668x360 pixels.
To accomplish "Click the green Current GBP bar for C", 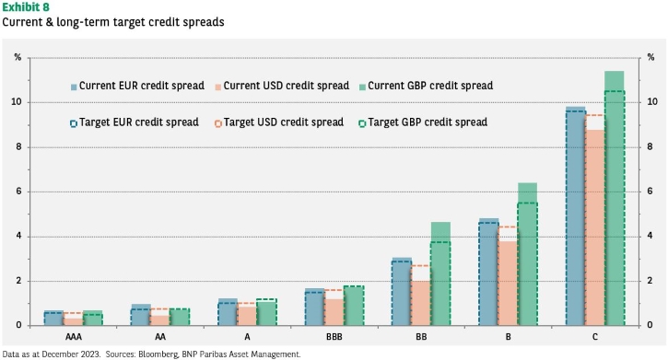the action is (x=615, y=198).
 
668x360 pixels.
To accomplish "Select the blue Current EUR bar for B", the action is (x=489, y=272).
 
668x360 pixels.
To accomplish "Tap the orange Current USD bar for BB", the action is (x=421, y=303).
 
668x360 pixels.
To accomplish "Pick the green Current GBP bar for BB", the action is (x=440, y=273).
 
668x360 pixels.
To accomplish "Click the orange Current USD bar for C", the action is (x=594, y=227).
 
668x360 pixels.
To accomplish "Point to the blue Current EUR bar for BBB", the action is (x=315, y=307).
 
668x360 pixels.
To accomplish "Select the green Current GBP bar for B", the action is (x=527, y=254).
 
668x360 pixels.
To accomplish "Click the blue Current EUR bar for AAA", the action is (x=53, y=318).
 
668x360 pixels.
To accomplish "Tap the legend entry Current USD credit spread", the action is (x=282, y=86).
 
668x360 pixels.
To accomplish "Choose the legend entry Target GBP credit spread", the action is (x=423, y=122).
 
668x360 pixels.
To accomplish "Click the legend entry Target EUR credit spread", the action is (x=135, y=122).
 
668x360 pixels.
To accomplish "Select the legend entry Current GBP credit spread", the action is (x=426, y=86).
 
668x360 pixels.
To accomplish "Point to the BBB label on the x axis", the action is (x=334, y=337).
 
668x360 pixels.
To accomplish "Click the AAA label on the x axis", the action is (x=74, y=337).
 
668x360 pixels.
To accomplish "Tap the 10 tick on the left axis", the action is (x=17, y=101).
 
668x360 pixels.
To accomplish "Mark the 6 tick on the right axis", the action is (x=650, y=192).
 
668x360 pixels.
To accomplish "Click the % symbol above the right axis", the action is (x=650, y=57).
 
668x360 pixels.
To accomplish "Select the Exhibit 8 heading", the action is (x=26, y=7).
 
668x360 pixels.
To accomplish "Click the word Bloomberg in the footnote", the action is (x=158, y=354).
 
